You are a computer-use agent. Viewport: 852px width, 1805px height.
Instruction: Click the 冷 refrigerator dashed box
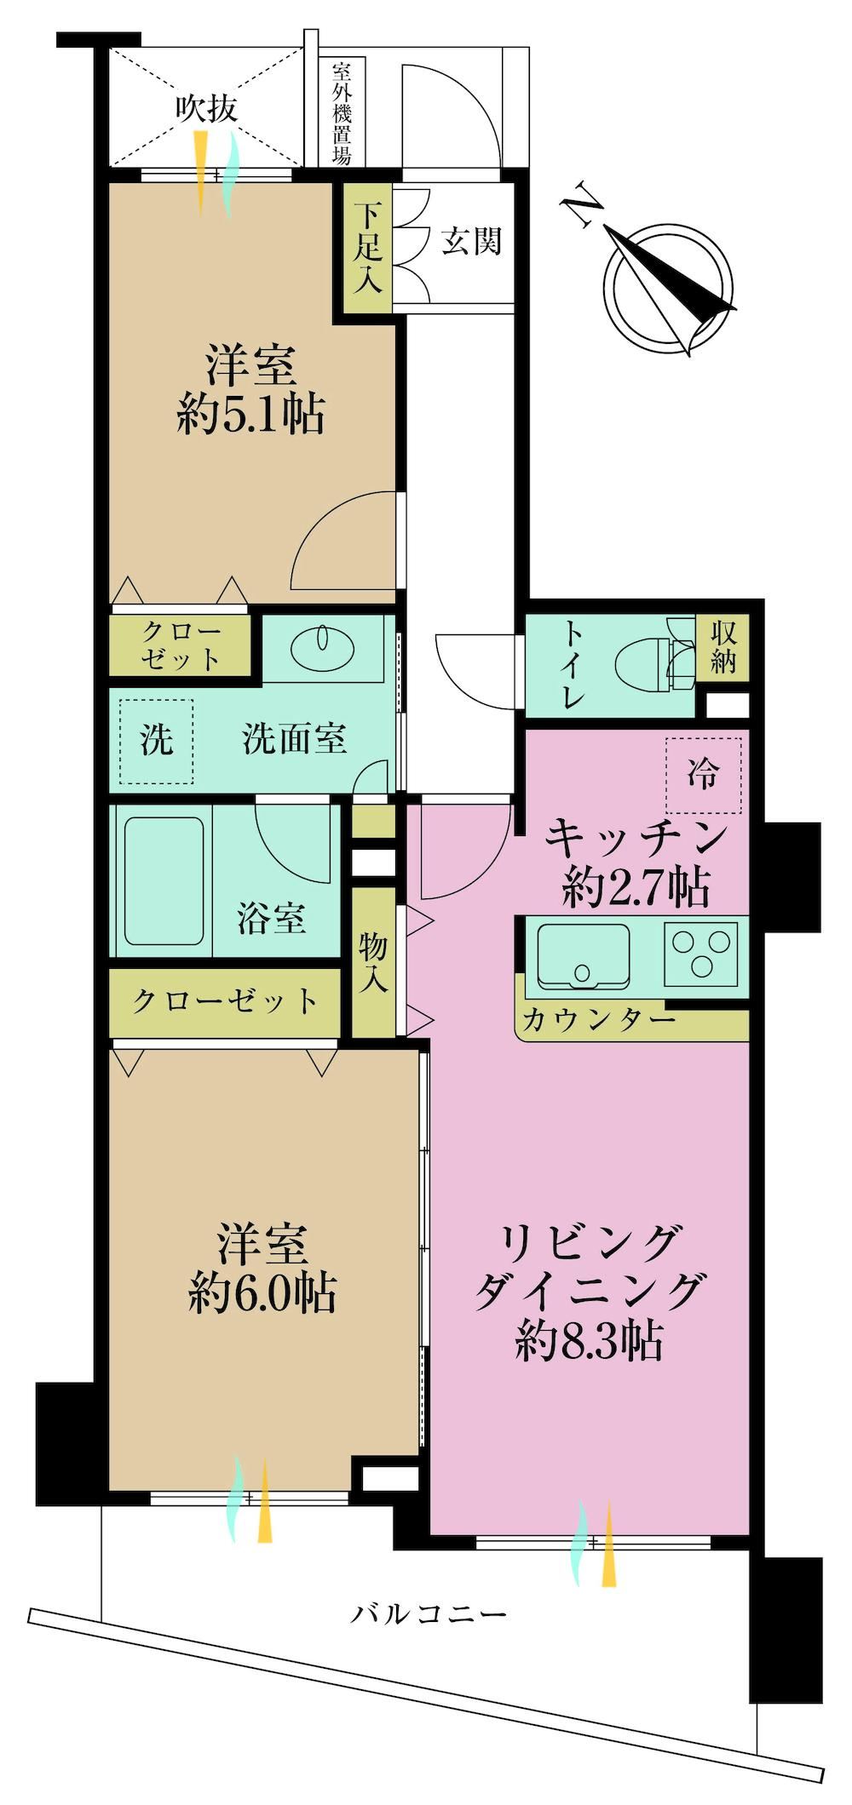coord(704,775)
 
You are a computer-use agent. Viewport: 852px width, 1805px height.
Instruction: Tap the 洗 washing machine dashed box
coord(156,741)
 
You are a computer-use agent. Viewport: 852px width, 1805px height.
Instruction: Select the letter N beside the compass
coord(582,203)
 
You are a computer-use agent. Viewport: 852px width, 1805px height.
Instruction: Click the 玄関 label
coord(471,242)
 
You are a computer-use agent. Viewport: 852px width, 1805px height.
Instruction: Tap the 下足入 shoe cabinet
coord(367,249)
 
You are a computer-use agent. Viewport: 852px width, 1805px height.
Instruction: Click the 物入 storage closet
coord(374,962)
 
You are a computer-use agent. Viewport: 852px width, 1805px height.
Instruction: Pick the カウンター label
coord(598,1018)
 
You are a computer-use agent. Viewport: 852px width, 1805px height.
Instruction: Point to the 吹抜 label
coord(206,109)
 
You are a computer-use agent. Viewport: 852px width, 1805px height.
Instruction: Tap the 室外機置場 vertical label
coord(342,112)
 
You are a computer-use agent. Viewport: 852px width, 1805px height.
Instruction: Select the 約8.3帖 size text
coord(589,1343)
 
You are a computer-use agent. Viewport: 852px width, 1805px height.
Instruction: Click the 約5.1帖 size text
coord(250,415)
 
